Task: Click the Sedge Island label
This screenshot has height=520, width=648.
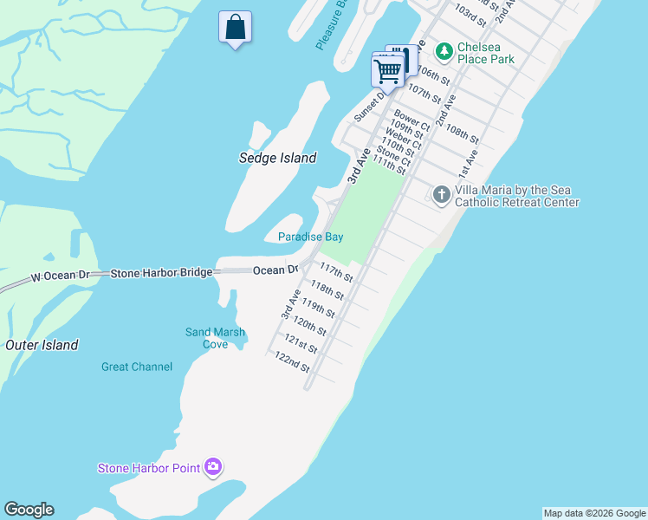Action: (x=277, y=158)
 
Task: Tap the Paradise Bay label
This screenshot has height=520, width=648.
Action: (x=310, y=237)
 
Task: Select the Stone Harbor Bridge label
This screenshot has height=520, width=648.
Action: (x=161, y=273)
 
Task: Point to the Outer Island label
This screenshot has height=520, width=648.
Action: (x=42, y=345)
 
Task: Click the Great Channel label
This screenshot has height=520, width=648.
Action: (x=137, y=367)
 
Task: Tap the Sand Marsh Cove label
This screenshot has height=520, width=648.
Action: (x=215, y=338)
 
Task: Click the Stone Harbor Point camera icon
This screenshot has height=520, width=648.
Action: (x=213, y=468)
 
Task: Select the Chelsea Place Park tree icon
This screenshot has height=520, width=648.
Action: (x=444, y=52)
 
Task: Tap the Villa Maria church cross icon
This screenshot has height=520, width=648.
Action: (x=441, y=194)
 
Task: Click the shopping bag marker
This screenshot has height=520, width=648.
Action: (x=235, y=28)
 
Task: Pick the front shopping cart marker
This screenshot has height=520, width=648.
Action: (x=388, y=69)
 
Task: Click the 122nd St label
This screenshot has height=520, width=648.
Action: (x=292, y=361)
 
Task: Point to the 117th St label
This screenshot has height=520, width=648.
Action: (x=336, y=271)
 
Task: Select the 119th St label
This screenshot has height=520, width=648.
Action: (x=317, y=309)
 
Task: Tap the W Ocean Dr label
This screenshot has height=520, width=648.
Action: (x=60, y=277)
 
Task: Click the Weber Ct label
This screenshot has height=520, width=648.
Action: (x=404, y=140)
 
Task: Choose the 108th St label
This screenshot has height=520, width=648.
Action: (x=462, y=132)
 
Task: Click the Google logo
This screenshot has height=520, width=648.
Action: (x=29, y=510)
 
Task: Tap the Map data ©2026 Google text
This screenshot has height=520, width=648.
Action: (x=594, y=513)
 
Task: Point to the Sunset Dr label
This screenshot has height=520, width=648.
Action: (x=368, y=105)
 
